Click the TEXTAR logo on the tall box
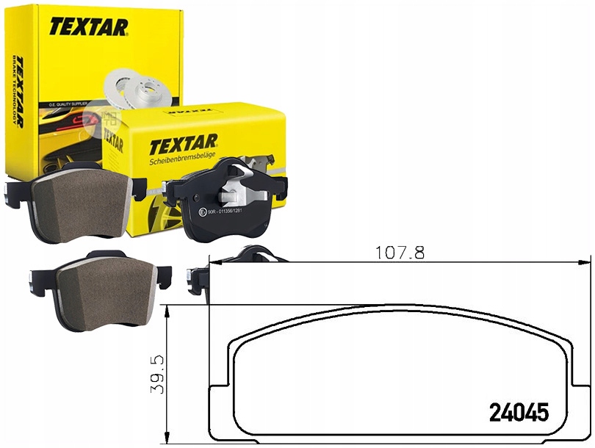[89, 27]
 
